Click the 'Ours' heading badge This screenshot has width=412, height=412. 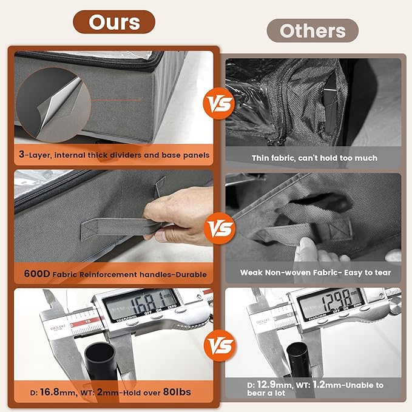point(114,22)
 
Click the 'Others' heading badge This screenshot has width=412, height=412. point(312,31)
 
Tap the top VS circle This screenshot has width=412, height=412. point(219,104)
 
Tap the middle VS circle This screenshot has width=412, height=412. point(220,228)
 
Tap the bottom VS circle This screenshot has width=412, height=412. point(220,345)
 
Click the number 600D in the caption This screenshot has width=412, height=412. point(37,274)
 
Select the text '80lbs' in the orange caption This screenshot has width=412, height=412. point(177,392)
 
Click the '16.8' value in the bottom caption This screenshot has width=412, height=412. point(49,392)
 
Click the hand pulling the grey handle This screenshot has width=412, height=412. point(178,215)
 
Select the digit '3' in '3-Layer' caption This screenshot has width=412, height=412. point(21,154)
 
